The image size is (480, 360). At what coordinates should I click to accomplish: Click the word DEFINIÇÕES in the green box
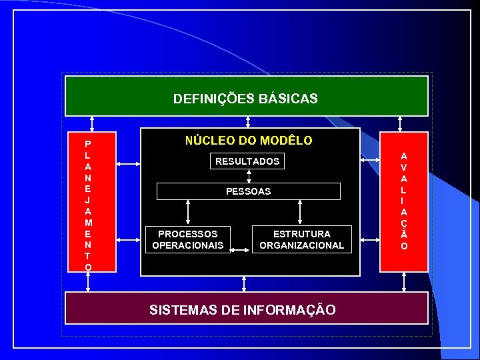pyautogui.click(x=211, y=99)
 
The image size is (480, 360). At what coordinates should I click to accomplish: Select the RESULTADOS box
pyautogui.click(x=247, y=161)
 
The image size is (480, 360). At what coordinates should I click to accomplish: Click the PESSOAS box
pyautogui.click(x=248, y=191)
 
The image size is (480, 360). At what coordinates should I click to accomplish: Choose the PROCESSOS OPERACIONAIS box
pyautogui.click(x=188, y=239)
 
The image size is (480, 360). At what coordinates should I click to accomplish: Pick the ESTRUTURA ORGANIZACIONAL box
pyautogui.click(x=301, y=239)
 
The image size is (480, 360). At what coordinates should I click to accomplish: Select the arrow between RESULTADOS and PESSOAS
pyautogui.click(x=249, y=176)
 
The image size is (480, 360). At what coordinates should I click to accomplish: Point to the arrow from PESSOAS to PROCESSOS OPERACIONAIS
pyautogui.click(x=189, y=212)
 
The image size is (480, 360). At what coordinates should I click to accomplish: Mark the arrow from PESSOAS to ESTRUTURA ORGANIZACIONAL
pyautogui.click(x=301, y=212)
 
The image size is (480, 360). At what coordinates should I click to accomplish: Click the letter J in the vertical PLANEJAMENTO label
pyautogui.click(x=88, y=199)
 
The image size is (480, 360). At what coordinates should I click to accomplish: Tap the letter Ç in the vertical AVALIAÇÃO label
pyautogui.click(x=405, y=223)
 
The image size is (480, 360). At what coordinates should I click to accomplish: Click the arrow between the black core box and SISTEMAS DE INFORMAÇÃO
pyautogui.click(x=244, y=284)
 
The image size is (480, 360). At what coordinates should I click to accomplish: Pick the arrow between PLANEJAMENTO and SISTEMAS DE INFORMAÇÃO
pyautogui.click(x=88, y=282)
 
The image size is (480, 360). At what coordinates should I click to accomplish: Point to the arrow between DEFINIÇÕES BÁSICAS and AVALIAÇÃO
pyautogui.click(x=400, y=125)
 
